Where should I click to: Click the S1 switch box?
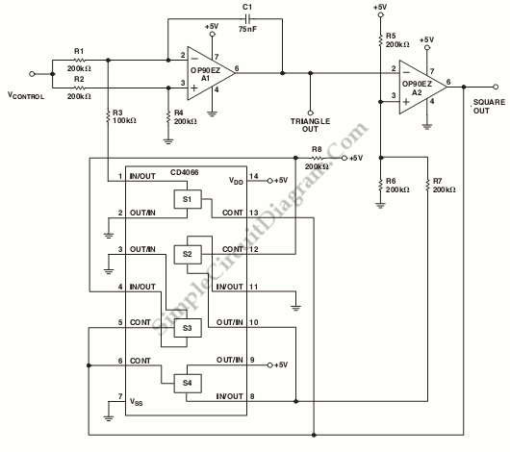pos(188,199)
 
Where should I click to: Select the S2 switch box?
pos(188,254)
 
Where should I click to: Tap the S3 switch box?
pos(188,328)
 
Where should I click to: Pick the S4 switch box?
pos(188,384)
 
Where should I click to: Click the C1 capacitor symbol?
pos(247,18)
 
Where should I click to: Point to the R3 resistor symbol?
pos(108,116)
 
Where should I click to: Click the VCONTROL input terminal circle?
pos(32,74)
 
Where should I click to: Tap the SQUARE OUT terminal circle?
pos(496,87)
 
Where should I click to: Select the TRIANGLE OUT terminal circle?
pos(310,113)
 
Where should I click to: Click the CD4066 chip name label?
pos(184,172)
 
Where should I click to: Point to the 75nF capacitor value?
pos(247,29)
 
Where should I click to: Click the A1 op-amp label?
pos(206,78)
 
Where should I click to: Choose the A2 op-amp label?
pos(417,92)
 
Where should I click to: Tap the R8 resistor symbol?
pos(318,158)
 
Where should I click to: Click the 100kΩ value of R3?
pos(124,120)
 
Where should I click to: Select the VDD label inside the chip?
pos(236,181)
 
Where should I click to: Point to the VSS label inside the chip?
pos(137,402)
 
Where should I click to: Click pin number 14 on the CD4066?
pos(254,176)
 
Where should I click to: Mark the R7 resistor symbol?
pos(427,186)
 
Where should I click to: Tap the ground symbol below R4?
pos(168,141)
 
